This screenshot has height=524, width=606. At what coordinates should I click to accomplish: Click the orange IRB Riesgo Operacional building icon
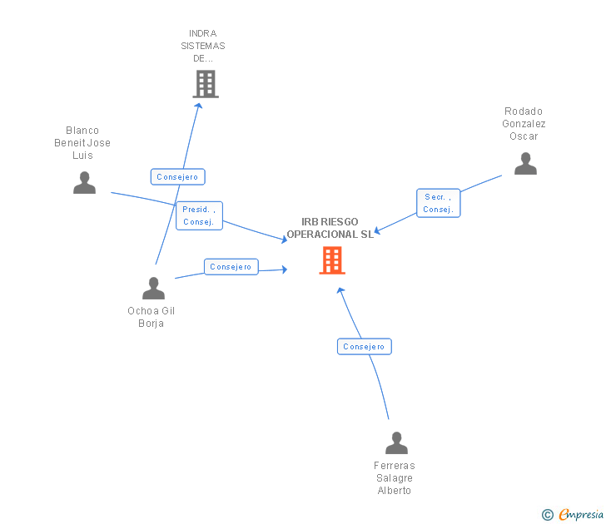pyautogui.click(x=332, y=260)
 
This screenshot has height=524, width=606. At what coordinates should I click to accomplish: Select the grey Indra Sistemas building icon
pyautogui.click(x=206, y=84)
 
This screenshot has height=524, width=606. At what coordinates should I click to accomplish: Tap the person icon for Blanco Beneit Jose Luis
pyautogui.click(x=84, y=182)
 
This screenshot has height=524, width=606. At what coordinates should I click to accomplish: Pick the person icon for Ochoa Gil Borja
pyautogui.click(x=153, y=288)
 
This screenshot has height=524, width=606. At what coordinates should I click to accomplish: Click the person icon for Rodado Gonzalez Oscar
pyautogui.click(x=525, y=163)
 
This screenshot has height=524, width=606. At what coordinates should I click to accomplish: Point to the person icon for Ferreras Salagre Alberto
pyautogui.click(x=397, y=442)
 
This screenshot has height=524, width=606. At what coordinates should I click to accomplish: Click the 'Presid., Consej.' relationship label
pyautogui.click(x=200, y=215)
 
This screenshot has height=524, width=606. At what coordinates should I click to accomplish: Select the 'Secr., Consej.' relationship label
pyautogui.click(x=438, y=203)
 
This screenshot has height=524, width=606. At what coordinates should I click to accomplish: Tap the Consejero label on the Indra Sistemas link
pyautogui.click(x=177, y=177)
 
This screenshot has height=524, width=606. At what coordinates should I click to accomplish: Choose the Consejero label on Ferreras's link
pyautogui.click(x=364, y=346)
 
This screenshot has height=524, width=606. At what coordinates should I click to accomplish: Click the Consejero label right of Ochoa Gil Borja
pyautogui.click(x=231, y=267)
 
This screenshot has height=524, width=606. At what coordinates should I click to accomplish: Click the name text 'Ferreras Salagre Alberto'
pyautogui.click(x=395, y=478)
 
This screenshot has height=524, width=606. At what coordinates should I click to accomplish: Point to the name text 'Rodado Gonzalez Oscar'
pyautogui.click(x=524, y=124)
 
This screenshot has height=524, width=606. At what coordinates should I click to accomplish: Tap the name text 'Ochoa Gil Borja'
pyautogui.click(x=151, y=317)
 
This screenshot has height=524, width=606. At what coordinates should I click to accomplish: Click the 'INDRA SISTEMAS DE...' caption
pyautogui.click(x=203, y=47)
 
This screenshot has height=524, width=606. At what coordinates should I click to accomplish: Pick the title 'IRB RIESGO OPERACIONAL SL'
pyautogui.click(x=330, y=228)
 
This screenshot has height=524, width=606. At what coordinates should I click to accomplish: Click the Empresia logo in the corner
pyautogui.click(x=580, y=514)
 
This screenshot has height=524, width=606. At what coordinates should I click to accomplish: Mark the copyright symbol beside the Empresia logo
pyautogui.click(x=547, y=515)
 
